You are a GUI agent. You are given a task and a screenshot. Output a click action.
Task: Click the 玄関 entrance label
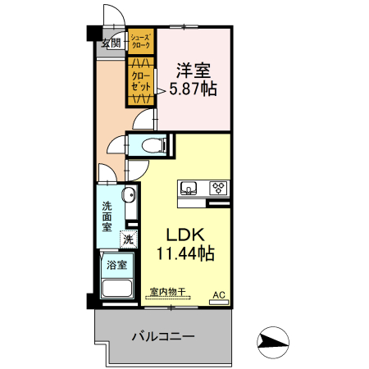(112, 43)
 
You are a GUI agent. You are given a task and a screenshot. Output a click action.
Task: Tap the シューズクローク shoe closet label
(140, 43)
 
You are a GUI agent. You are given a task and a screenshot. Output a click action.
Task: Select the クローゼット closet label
(140, 80)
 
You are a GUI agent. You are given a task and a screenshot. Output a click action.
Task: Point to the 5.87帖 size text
(193, 88)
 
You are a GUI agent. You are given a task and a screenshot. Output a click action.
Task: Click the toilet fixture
(153, 145)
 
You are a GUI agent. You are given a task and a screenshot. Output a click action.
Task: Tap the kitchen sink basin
(188, 189)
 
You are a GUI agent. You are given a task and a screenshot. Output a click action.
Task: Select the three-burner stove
(218, 189)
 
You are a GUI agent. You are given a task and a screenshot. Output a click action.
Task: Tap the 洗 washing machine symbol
(127, 240)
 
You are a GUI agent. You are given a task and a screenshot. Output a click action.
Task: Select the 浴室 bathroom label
(116, 265)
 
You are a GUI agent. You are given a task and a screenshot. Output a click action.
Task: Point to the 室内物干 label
(170, 291)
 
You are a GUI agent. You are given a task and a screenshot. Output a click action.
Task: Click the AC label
(219, 294)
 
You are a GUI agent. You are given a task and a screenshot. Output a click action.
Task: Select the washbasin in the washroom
(128, 196)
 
